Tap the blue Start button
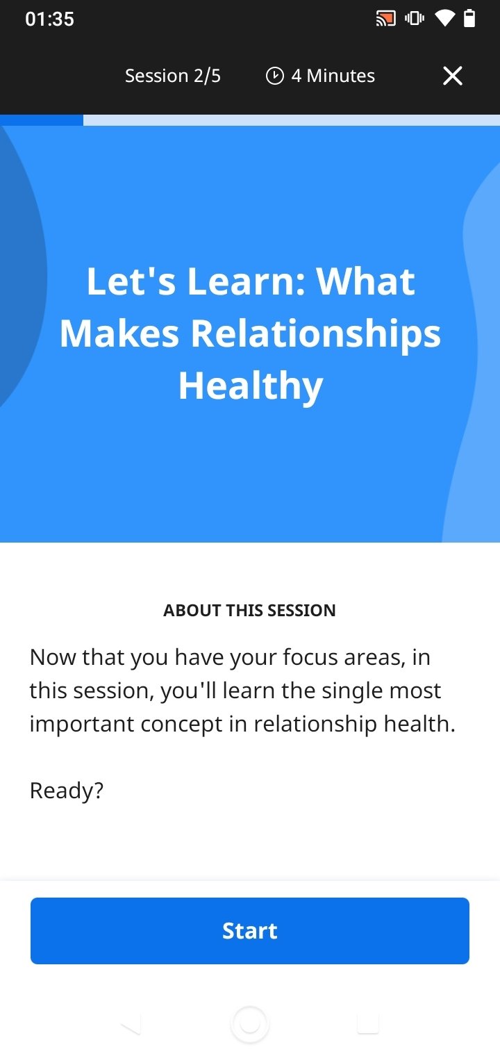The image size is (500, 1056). point(250,931)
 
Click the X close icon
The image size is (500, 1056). point(452,76)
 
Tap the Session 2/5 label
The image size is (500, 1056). point(172,76)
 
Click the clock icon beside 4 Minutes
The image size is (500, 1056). point(275,76)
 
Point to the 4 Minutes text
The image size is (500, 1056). point(333,76)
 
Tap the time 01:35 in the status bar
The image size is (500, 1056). point(49,19)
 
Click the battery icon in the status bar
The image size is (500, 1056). point(469,18)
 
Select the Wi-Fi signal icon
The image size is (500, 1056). point(444,18)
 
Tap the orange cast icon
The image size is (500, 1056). point(385,19)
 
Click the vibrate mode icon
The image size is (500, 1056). point(415,18)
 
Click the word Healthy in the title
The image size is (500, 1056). point(251,386)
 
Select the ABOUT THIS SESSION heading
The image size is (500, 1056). point(249,611)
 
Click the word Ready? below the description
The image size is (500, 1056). point(67,791)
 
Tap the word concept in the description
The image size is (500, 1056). point(181,724)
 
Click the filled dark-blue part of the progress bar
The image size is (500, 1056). point(42,120)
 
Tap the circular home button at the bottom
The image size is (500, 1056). point(250,1023)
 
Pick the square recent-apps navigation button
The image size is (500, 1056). point(368,1023)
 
